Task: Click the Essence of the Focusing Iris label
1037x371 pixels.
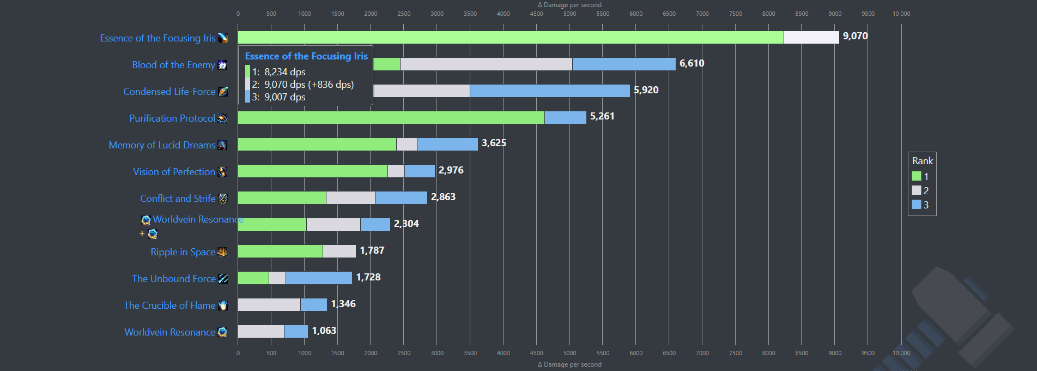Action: tap(157, 38)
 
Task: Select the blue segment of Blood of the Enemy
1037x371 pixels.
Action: tap(623, 64)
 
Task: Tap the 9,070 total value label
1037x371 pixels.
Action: tap(855, 36)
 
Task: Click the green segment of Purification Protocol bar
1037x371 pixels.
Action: tap(391, 117)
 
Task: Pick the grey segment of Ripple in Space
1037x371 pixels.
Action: tap(339, 251)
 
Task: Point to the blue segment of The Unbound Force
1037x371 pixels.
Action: tap(319, 278)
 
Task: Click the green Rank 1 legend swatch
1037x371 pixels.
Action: tap(917, 176)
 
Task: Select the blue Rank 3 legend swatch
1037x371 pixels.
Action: tap(917, 205)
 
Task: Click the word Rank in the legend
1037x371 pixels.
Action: tap(923, 161)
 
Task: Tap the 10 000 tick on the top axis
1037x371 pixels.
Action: tap(901, 14)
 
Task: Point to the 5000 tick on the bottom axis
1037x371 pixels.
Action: tap(569, 353)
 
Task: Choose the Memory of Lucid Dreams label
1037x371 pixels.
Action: tap(162, 145)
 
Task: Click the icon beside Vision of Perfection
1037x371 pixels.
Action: tap(222, 172)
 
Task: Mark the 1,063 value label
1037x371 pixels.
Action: tap(324, 331)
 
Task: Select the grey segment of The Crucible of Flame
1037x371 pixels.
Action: tap(269, 304)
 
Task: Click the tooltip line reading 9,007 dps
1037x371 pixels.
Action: tap(284, 97)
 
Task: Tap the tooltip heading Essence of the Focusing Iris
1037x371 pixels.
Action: tap(306, 56)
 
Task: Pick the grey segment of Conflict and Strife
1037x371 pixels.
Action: tap(350, 198)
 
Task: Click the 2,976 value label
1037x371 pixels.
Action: tap(451, 170)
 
